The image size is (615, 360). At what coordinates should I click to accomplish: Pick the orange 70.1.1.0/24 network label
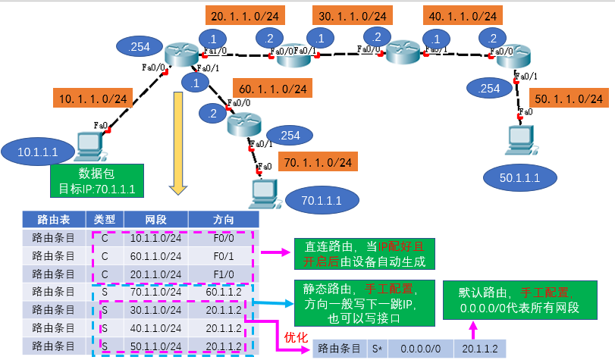[x=317, y=162]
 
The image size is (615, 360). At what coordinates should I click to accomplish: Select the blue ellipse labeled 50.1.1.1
[x=519, y=177]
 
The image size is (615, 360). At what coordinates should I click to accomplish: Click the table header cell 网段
[x=155, y=219]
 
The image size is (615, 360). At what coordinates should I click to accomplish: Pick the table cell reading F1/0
[x=224, y=274]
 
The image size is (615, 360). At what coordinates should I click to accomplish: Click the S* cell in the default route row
[x=377, y=348]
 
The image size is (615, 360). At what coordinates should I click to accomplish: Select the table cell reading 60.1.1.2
[x=224, y=291]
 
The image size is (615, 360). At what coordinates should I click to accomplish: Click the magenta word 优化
[x=294, y=335]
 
